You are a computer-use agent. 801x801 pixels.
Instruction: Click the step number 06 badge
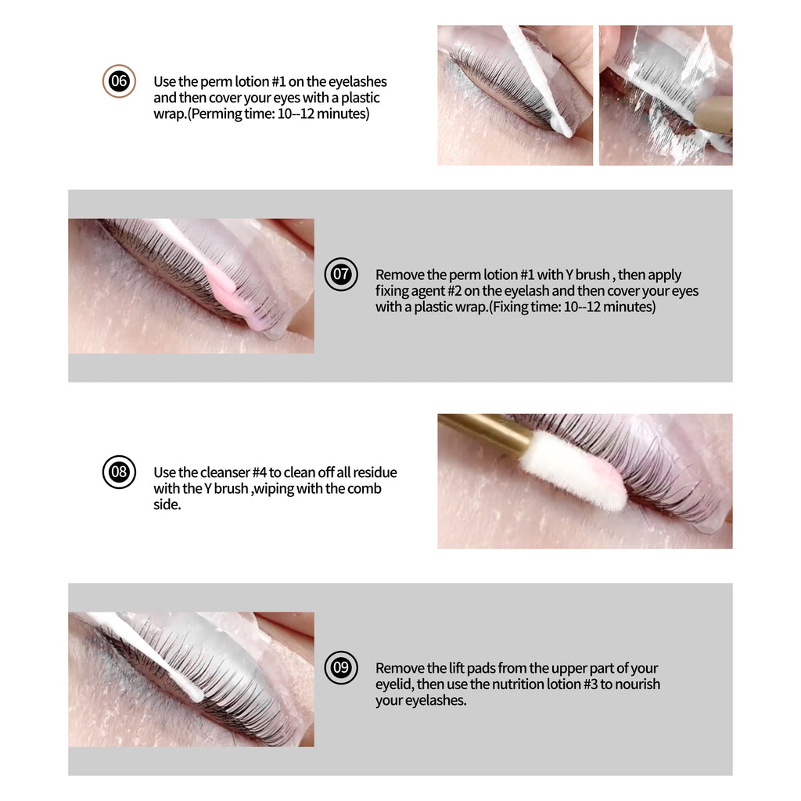[119, 81]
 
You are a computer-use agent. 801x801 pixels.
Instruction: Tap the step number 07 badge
[341, 275]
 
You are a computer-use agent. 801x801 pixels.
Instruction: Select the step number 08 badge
[119, 472]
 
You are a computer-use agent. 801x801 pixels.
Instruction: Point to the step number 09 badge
[341, 667]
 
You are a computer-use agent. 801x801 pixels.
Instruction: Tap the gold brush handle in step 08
[485, 432]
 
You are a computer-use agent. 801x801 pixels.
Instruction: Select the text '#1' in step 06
[278, 81]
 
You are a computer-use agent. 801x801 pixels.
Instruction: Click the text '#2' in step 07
[454, 291]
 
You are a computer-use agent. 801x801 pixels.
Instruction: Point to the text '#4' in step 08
[260, 472]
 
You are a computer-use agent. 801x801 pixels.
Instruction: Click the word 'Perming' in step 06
[217, 114]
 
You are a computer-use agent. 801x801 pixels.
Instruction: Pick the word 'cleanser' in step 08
[225, 472]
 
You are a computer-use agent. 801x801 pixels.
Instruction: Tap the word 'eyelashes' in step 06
[357, 82]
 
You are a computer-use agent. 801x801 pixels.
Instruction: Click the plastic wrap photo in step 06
[666, 95]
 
